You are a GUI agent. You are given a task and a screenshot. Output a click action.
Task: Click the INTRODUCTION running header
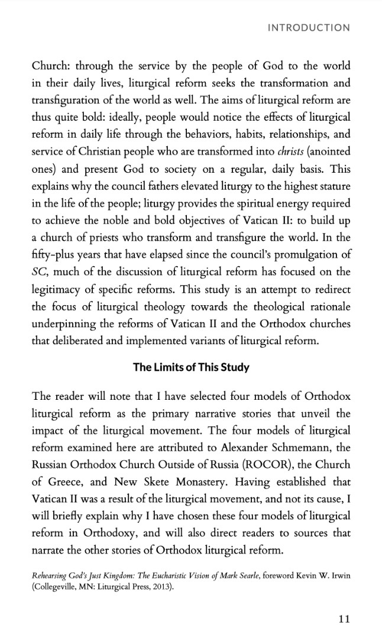point(309,28)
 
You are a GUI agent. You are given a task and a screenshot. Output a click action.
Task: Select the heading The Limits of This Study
point(191,367)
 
